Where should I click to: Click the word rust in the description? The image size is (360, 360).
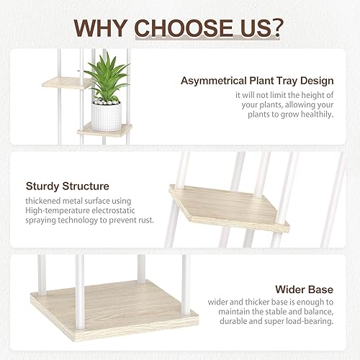pos(141,223)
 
